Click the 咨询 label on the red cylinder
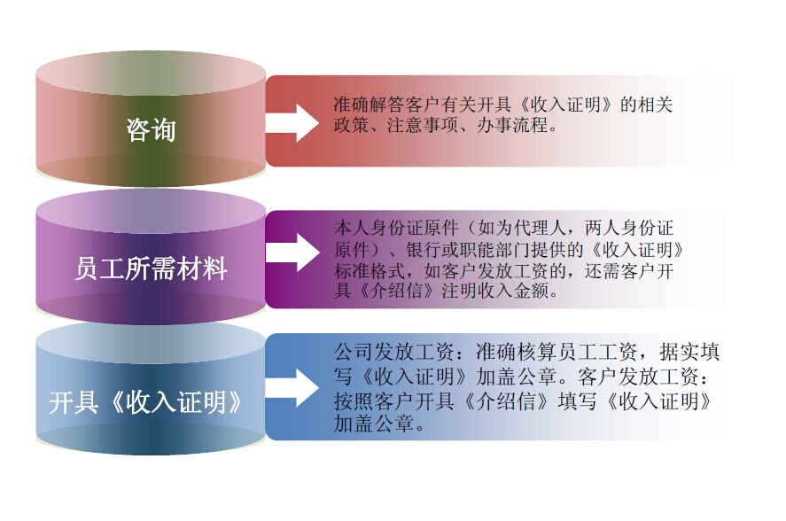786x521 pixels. pos(151,130)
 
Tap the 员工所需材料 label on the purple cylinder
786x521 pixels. pos(151,268)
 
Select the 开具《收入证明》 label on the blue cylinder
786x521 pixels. pos(146,402)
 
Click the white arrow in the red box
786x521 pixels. pos(292,122)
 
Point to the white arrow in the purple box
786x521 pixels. pos(292,253)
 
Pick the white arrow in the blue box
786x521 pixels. pos(292,387)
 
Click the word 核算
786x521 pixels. pos(536,352)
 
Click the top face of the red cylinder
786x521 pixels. pos(151,74)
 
